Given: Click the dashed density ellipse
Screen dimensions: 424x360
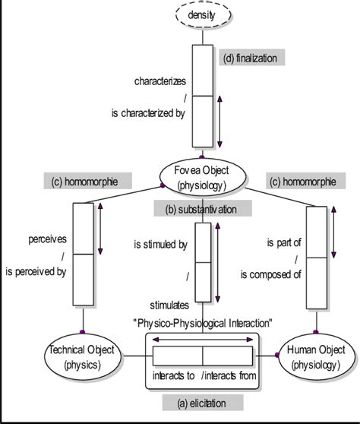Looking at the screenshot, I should click(x=202, y=14).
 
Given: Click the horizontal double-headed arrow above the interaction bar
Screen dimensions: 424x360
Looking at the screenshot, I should click(x=201, y=340).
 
